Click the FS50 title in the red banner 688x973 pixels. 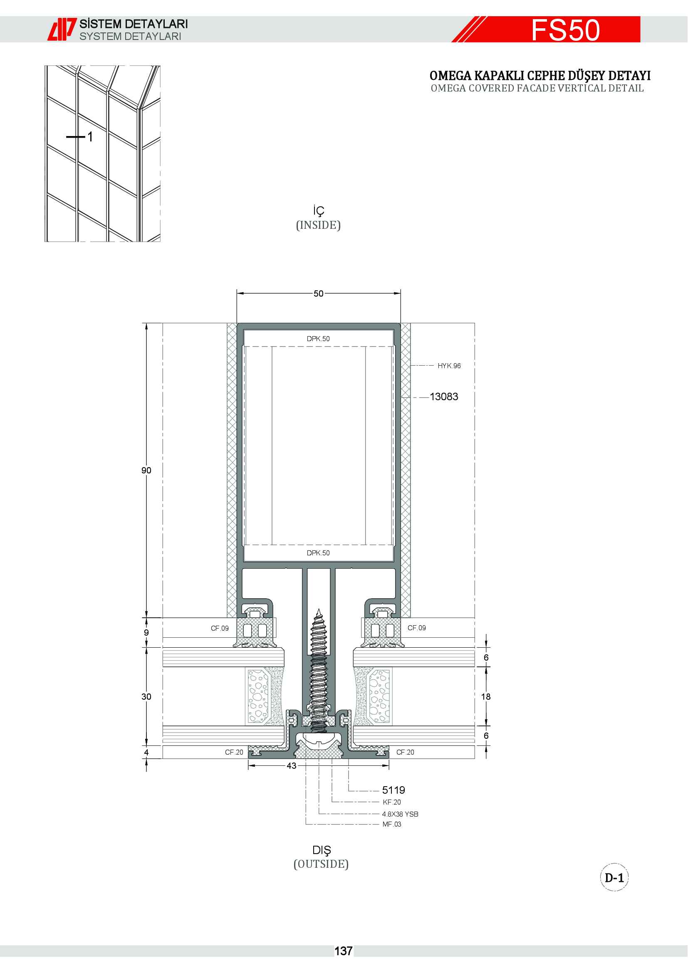[x=566, y=30]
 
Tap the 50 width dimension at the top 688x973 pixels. [x=319, y=293]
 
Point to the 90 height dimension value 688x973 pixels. [x=146, y=470]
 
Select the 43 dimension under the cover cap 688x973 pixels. [x=292, y=766]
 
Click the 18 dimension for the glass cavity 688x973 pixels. [x=486, y=697]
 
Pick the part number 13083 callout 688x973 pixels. [x=444, y=397]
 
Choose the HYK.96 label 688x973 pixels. [x=449, y=366]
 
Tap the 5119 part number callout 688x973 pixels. [x=393, y=790]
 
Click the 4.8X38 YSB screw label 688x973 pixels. [x=400, y=814]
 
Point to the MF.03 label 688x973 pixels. [x=392, y=824]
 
